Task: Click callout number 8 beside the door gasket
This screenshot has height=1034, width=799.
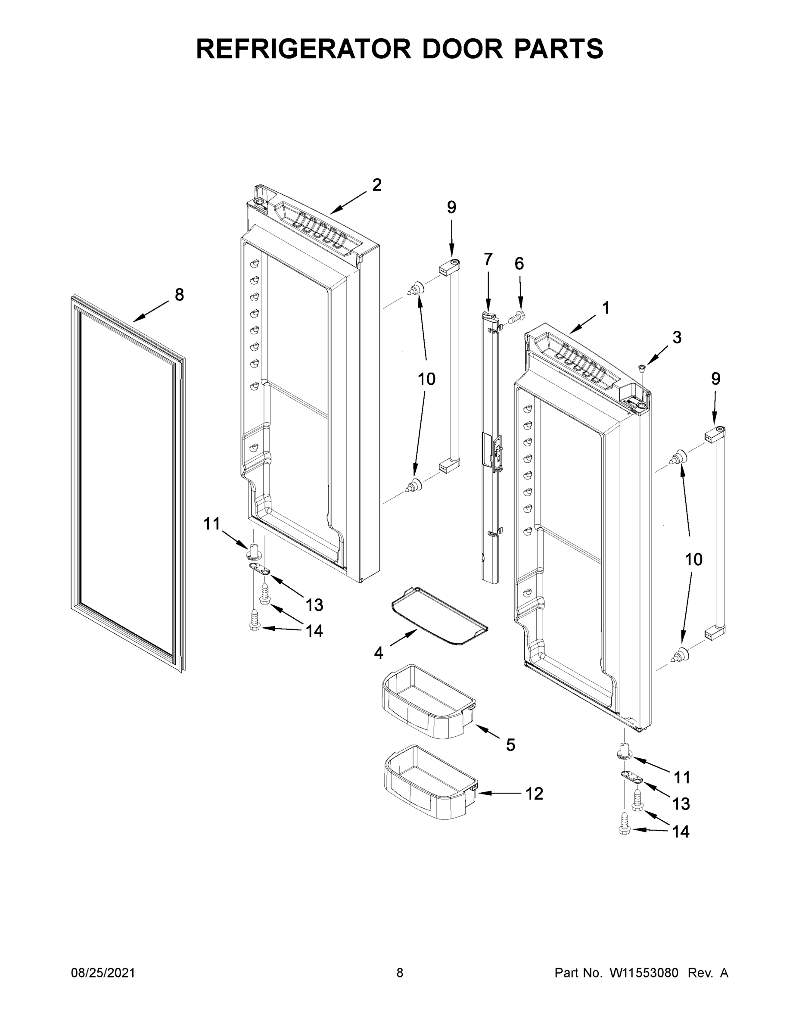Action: (179, 295)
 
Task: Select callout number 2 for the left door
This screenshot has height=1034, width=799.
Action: (376, 185)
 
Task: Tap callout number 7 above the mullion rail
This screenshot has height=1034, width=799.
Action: (488, 259)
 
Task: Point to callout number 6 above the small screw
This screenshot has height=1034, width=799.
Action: (519, 264)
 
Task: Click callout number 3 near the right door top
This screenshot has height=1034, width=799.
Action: (677, 338)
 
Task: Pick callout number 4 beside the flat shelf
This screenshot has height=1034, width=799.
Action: (378, 653)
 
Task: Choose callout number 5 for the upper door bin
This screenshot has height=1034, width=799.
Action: (510, 745)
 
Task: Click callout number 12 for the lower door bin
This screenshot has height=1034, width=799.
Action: (535, 794)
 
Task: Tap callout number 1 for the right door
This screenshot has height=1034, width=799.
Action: (606, 308)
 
